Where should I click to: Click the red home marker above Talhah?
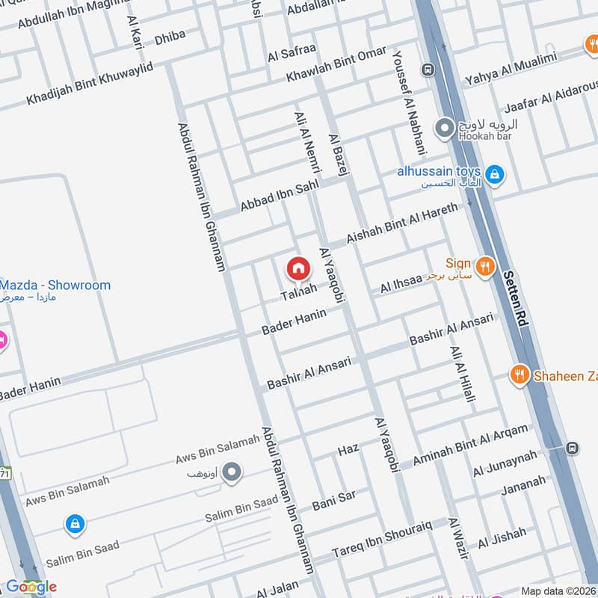coord(298,268)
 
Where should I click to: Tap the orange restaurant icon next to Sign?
coord(485,266)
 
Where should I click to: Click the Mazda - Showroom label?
coord(55,286)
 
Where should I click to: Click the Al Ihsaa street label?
coord(401,285)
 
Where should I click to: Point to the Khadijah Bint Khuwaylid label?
coord(90,84)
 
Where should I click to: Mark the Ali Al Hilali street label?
coord(462,374)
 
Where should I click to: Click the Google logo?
coord(31,587)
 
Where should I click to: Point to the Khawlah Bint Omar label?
coord(336,64)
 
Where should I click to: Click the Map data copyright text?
coord(558,591)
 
